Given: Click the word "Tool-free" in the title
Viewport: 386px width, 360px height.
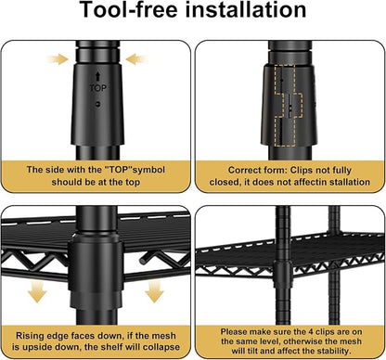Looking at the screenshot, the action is pos(129,9).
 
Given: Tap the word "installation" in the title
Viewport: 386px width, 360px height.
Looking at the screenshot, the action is pos(246,9).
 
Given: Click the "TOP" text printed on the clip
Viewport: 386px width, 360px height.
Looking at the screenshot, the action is pos(98,88).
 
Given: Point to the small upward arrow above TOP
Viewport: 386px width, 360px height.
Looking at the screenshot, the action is pos(98,76).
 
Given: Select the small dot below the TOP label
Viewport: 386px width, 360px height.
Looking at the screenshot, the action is pos(98,105).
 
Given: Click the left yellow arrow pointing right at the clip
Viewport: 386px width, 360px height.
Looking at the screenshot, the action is pos(58,58).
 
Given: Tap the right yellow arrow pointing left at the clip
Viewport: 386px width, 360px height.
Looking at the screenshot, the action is pos(137,58).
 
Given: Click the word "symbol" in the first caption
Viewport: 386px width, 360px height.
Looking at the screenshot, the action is pos(148,170).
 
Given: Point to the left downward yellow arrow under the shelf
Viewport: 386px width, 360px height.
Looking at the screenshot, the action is pos(37,291).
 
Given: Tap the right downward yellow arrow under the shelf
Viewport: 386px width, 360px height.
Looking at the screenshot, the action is pos(154,291).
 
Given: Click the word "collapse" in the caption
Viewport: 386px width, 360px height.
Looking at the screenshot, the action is pos(161,347).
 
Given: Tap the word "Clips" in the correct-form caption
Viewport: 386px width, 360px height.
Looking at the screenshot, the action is pos(302,170).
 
